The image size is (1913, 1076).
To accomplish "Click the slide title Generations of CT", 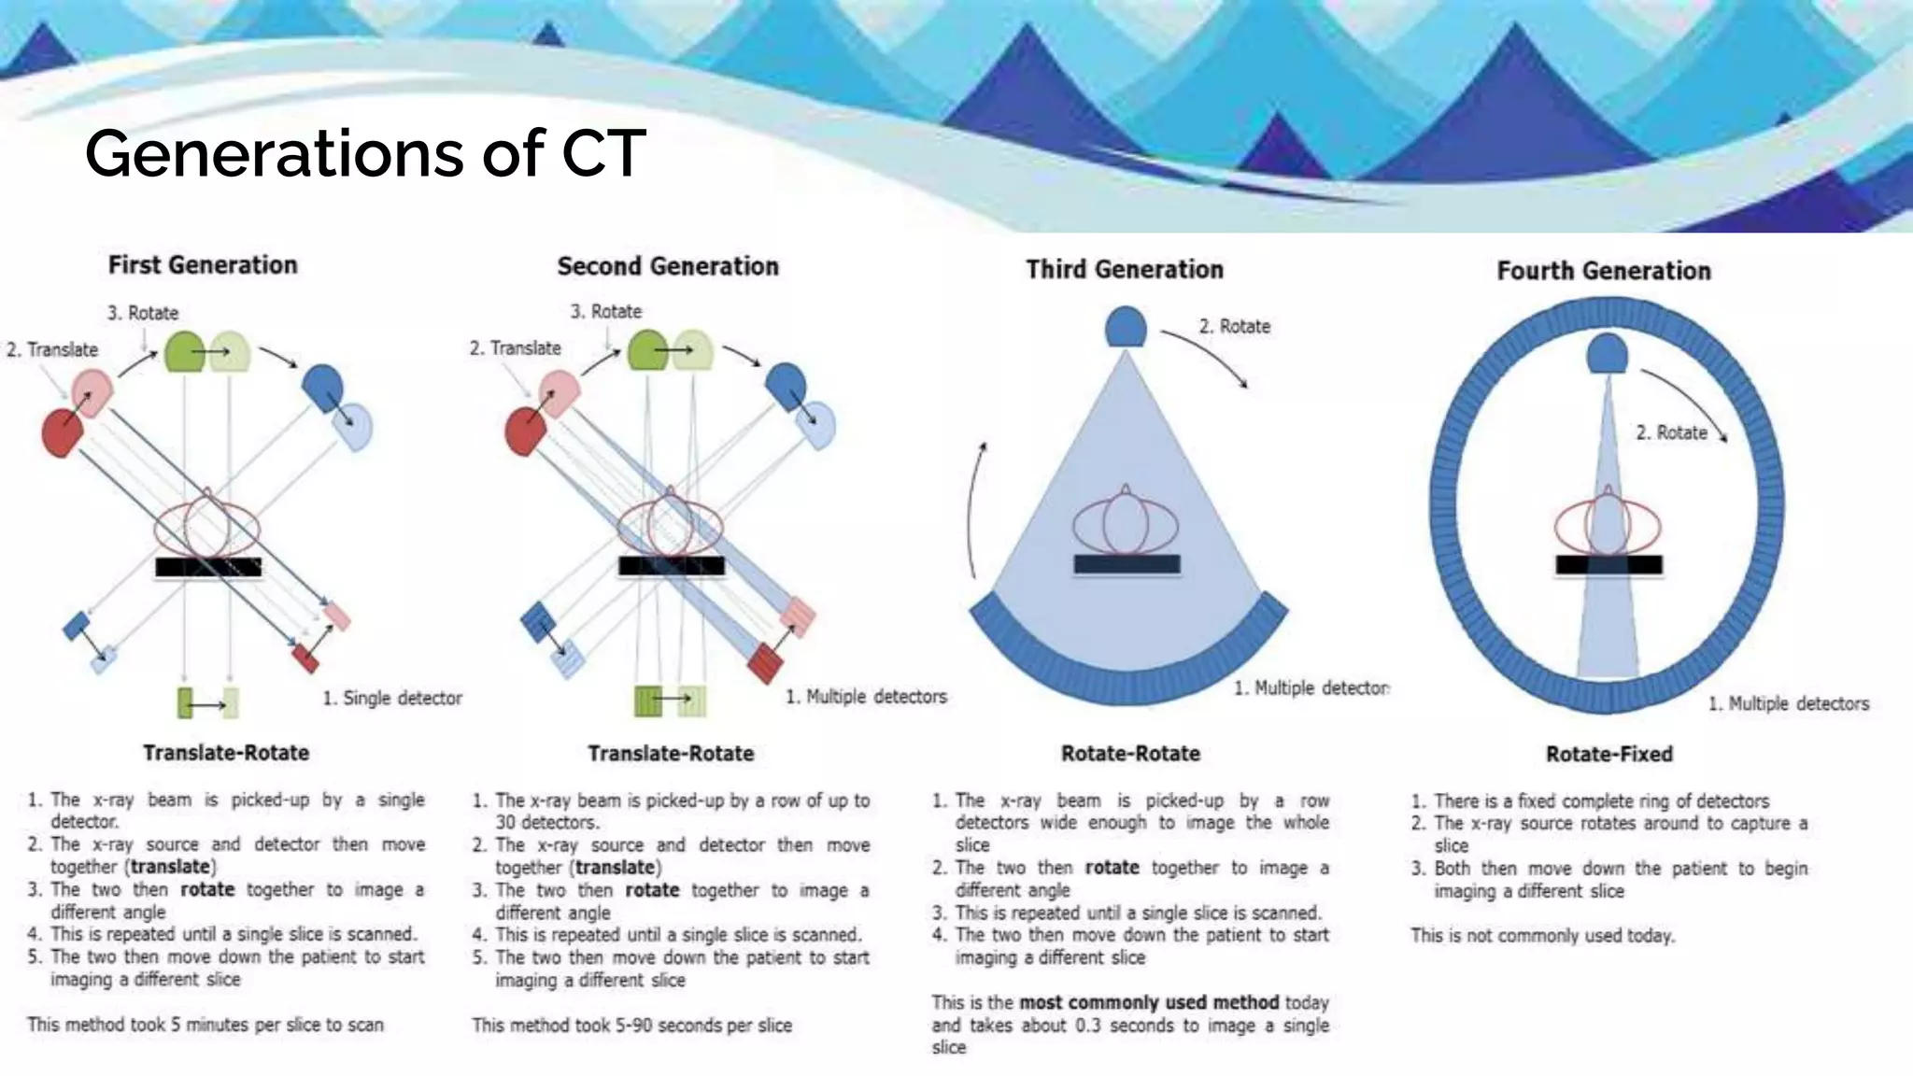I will point(364,153).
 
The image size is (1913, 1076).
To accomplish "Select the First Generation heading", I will point(203,265).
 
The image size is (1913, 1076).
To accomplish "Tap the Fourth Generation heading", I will point(1604,271).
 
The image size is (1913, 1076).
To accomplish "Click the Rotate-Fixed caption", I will point(1608,754).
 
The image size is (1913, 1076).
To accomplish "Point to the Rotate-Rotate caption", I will point(1130,753).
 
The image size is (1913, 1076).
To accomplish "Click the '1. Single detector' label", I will point(392,698).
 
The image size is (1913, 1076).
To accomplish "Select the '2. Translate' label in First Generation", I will point(52,349).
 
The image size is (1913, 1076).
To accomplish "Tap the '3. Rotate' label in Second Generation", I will point(606,311).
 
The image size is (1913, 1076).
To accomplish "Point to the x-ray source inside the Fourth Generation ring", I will point(1607,354).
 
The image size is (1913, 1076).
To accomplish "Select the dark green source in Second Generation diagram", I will point(646,351).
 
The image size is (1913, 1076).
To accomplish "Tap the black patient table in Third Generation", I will point(1127,563).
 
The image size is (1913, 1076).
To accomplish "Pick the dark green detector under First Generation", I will point(185,702).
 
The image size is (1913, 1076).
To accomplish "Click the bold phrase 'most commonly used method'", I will point(1149,1002).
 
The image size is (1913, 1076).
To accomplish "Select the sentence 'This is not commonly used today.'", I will point(1542,935).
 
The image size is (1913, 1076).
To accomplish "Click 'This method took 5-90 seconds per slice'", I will point(631,1025).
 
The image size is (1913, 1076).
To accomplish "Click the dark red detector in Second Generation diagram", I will point(765,662).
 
